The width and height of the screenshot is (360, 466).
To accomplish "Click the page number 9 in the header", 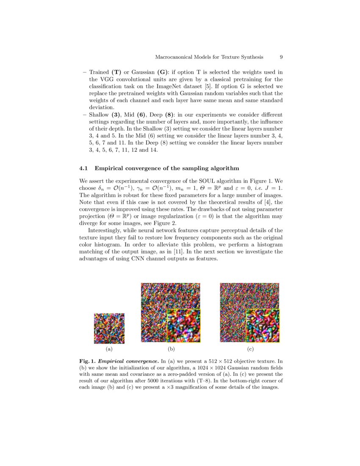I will [x=281, y=57].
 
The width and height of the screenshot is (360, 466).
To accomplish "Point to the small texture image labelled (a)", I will [x=109, y=328].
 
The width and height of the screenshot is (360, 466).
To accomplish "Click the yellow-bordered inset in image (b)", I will [x=183, y=325].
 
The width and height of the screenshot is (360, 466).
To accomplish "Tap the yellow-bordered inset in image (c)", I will [x=263, y=325].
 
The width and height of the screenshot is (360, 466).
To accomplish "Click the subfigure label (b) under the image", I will [x=171, y=349].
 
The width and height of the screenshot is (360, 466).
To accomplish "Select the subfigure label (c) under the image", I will [x=250, y=349].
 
